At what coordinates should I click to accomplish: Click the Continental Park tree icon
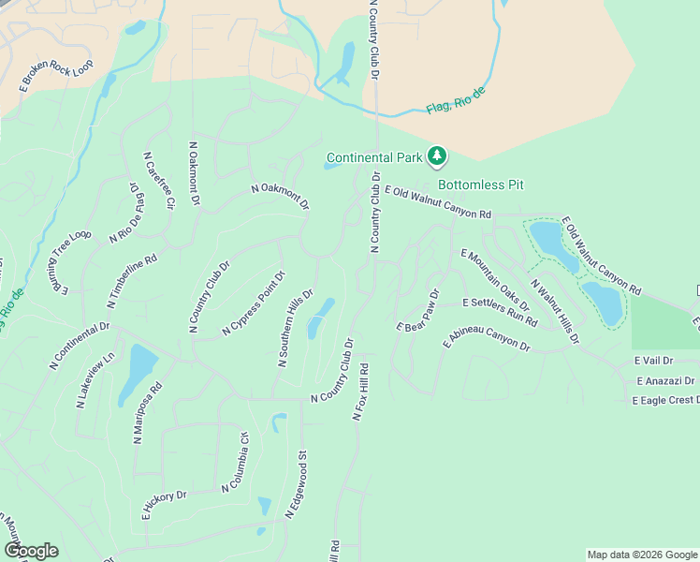[x=436, y=155]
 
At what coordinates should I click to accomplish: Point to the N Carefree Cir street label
[x=158, y=180]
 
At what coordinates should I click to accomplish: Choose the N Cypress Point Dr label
[x=253, y=303]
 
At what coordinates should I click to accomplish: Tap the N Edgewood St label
[x=296, y=486]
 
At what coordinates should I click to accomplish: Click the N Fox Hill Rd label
[x=361, y=391]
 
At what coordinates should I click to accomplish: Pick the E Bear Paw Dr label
[x=417, y=312]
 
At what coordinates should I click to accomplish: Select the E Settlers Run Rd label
[x=500, y=313]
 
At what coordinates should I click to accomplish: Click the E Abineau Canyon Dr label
[x=487, y=339]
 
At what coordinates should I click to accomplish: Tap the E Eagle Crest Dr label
[x=665, y=400]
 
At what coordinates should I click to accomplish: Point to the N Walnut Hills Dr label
[x=555, y=310]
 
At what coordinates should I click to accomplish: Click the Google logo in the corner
[x=31, y=551]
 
